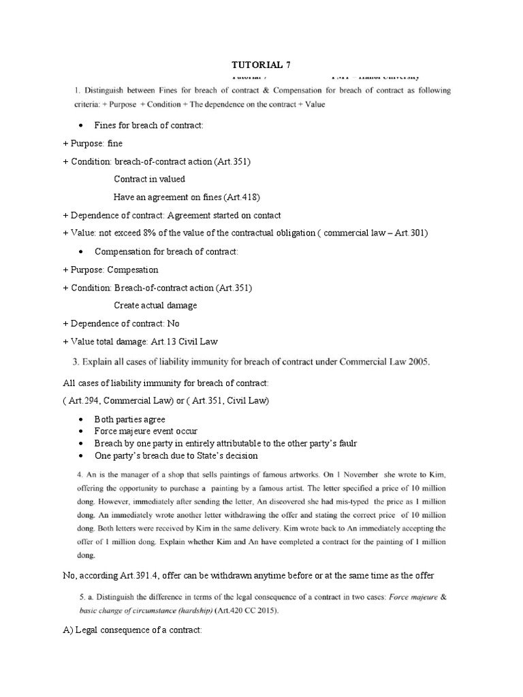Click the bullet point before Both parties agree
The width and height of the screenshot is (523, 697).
coord(82,420)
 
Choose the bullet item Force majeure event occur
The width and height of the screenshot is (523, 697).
coord(146,432)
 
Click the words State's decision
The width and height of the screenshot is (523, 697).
coord(228,456)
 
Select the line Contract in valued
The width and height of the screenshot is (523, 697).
coord(149,179)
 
